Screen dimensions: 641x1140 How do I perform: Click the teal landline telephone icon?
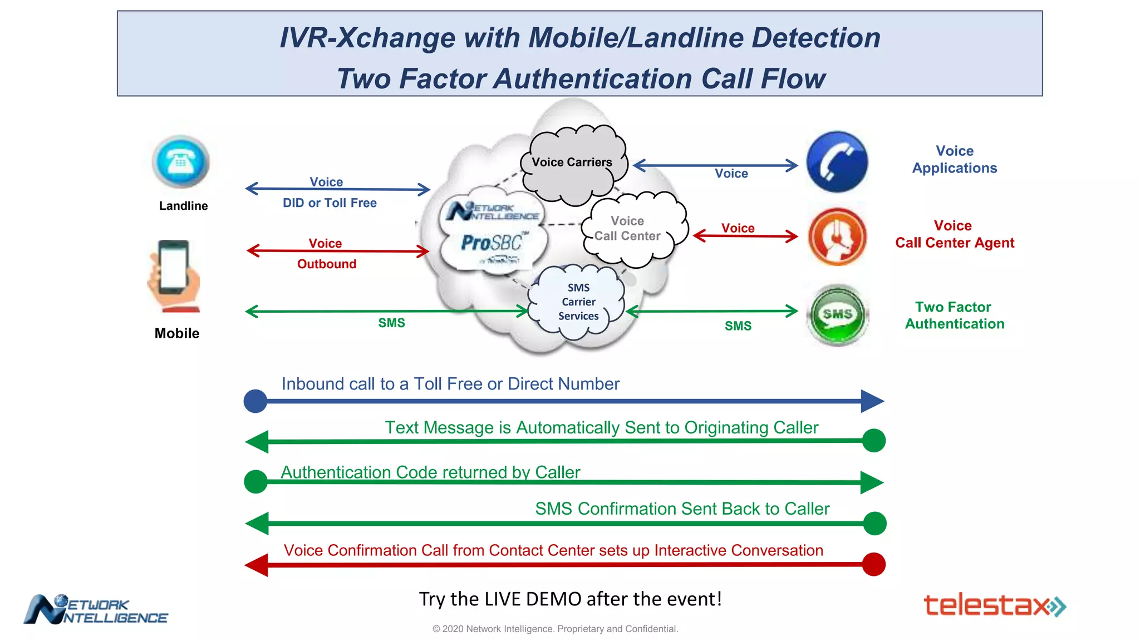[181, 162]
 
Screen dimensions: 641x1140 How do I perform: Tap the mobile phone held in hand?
[174, 275]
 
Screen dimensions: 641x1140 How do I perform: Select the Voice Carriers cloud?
[572, 162]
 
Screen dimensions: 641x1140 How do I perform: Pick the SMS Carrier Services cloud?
[578, 302]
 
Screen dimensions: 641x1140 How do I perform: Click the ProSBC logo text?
[492, 243]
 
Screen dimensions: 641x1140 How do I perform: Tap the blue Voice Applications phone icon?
[837, 162]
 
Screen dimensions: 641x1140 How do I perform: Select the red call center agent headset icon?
[837, 236]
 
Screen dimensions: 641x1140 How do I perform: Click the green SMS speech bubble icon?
[837, 315]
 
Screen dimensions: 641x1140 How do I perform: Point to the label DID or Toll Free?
[330, 203]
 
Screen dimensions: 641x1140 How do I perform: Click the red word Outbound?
[327, 264]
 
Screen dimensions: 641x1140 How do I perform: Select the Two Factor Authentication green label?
[954, 315]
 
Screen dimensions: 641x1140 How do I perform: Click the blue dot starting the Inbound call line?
[255, 401]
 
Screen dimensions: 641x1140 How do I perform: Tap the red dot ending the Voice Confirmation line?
[873, 564]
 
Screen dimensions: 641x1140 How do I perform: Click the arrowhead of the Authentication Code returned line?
[871, 482]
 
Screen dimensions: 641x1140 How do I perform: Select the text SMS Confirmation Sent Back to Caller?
[682, 509]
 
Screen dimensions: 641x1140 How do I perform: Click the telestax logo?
[994, 605]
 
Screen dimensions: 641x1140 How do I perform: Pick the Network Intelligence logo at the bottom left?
[96, 609]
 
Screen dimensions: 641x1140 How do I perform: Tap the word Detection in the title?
[816, 38]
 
